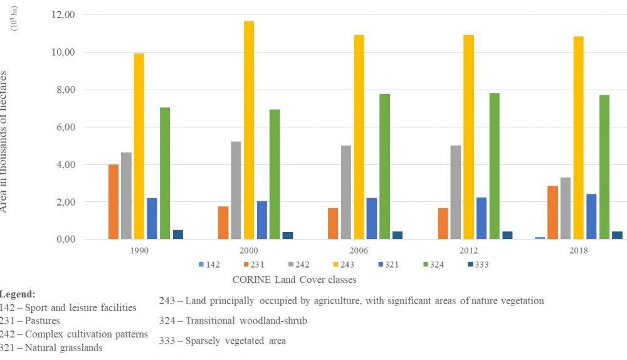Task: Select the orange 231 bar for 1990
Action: coord(113,201)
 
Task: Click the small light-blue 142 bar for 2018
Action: coord(540,238)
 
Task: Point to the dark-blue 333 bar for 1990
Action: coord(178,235)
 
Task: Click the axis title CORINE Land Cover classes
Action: coord(294,280)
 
